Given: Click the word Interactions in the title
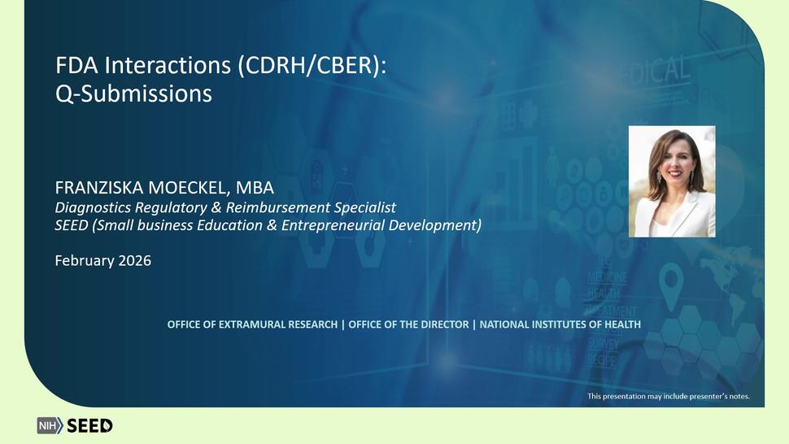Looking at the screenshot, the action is coord(168,65).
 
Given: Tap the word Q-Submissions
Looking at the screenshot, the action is coord(134,94).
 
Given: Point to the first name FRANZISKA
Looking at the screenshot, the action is coord(99,188).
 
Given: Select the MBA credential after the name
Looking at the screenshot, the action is coord(255,188).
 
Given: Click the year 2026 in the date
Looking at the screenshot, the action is coord(134,260).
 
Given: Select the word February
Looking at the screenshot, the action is coord(85,260).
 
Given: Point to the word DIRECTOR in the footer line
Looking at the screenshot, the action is coord(444,324).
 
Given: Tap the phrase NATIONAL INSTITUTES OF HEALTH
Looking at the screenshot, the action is coord(560,324).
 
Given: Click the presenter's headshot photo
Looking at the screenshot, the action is coord(672,181).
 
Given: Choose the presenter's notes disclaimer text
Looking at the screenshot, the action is coord(669,396).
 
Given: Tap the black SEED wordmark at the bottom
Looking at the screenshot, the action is coord(89,426).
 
